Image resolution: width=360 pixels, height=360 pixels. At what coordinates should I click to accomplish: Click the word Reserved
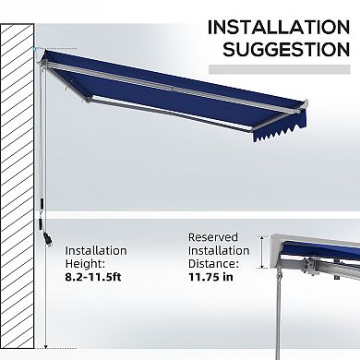[x=213, y=236]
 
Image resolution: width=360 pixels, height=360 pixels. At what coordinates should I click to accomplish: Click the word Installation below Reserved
[x=219, y=250]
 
